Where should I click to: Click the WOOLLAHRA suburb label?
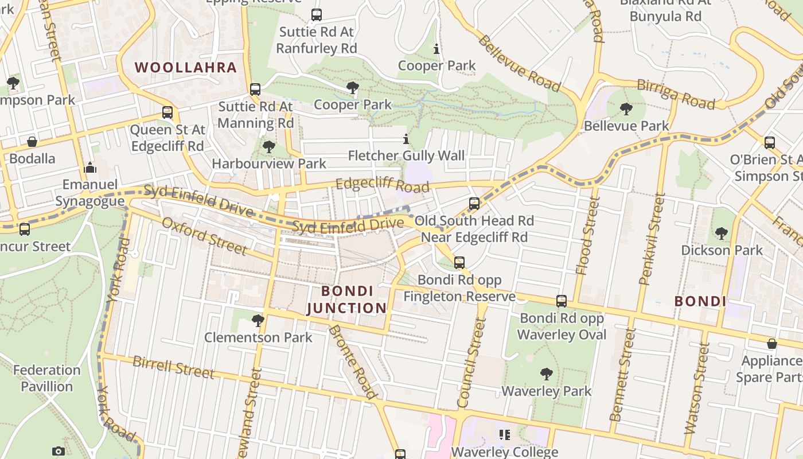pos(186,67)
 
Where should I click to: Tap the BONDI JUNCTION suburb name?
pos(347,299)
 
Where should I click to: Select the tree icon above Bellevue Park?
pos(626,108)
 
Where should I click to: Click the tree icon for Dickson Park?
pos(722,233)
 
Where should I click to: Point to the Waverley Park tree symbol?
pos(546,374)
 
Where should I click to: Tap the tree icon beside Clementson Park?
pos(258,320)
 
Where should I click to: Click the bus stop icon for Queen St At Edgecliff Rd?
pos(167,112)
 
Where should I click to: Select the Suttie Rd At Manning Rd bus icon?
pos(255,90)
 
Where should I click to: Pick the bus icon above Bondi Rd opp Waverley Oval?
pos(562,301)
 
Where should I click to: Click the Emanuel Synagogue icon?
pos(90,168)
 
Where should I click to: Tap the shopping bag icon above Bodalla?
pos(32,141)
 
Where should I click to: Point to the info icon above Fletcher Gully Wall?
pos(406,139)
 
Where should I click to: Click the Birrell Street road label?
pos(173,367)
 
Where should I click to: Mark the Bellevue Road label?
pos(519,63)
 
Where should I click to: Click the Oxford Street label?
pos(204,236)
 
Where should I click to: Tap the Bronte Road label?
pos(353,361)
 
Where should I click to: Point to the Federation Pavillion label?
pos(47,378)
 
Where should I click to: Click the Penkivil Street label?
pos(653,239)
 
